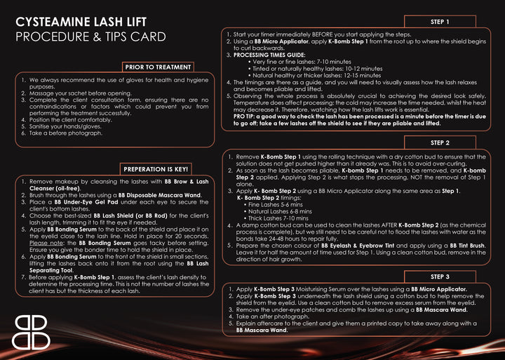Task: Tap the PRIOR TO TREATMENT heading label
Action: coord(158,67)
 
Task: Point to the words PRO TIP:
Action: coord(246,116)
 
